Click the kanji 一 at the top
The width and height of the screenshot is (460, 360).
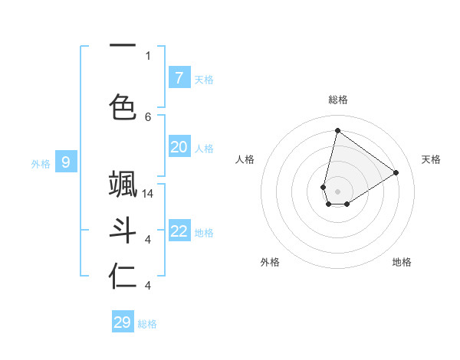click(123, 46)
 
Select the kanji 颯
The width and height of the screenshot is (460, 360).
click(123, 186)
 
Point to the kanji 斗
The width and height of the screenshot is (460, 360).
click(123, 232)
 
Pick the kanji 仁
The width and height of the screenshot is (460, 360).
click(123, 277)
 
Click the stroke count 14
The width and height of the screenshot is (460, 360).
click(149, 194)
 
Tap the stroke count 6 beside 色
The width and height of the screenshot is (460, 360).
click(148, 116)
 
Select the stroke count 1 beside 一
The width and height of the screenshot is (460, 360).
click(148, 55)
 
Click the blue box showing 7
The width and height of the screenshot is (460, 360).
click(179, 78)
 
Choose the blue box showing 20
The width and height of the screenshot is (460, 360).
click(179, 147)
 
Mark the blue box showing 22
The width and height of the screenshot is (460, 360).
click(179, 232)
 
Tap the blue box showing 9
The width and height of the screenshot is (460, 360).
click(66, 162)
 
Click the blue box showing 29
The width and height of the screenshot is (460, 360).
click(123, 322)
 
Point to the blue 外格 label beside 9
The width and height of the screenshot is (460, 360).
click(41, 163)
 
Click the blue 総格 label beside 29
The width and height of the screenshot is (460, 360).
click(147, 324)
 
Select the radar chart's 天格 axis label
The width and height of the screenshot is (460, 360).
click(431, 159)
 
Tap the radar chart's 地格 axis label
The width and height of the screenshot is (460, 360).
click(402, 262)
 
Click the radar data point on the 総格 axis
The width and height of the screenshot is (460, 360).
click(337, 130)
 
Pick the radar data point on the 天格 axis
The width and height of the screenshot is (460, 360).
click(396, 172)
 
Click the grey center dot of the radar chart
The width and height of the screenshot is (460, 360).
click(337, 191)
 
